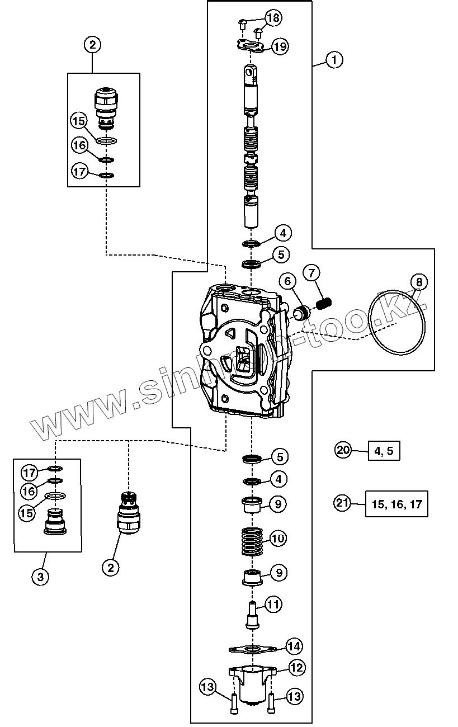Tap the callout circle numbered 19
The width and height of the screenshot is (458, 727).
point(280,46)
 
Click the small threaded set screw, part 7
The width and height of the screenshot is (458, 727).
point(324,304)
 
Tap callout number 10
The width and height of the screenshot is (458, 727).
point(278,539)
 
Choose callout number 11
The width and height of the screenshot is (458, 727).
point(273,604)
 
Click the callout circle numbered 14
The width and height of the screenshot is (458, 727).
point(294,646)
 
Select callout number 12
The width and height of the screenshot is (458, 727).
point(296,667)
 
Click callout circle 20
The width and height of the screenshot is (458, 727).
point(343,449)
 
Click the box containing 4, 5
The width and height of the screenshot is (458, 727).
point(384,450)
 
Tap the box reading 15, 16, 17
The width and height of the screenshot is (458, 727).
point(396,504)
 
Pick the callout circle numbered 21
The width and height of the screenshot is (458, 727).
point(342,503)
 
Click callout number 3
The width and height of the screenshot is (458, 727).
point(40,577)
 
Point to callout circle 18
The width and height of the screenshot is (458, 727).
point(273,18)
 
